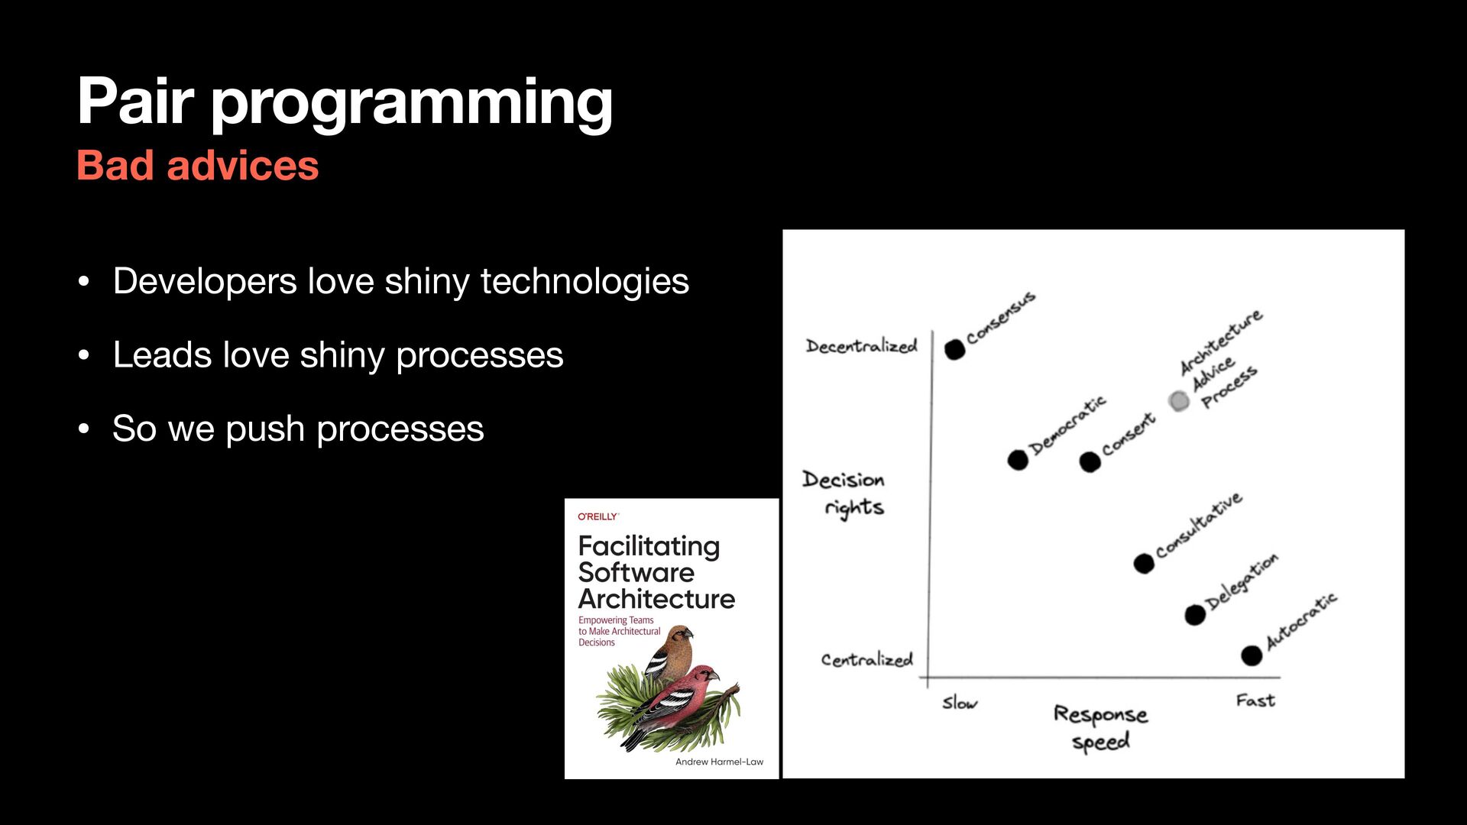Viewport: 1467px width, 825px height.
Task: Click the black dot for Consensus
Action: click(954, 349)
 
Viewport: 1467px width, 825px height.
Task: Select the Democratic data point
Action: click(1018, 460)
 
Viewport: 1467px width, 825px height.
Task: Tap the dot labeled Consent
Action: click(1090, 461)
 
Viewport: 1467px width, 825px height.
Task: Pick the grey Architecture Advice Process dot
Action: click(1179, 401)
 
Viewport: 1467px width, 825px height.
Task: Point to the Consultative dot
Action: click(1144, 564)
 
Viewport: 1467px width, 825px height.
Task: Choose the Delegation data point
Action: click(1195, 614)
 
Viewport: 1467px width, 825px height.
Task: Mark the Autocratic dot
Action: click(1252, 655)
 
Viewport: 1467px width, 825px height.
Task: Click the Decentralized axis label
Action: click(861, 346)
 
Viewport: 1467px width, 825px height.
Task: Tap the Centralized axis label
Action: click(866, 659)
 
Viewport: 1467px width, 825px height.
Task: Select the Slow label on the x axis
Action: click(959, 703)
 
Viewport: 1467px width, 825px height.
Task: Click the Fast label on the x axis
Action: click(1255, 700)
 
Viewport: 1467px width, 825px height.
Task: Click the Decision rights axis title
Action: click(844, 493)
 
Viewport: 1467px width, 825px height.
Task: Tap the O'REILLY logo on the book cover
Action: click(597, 517)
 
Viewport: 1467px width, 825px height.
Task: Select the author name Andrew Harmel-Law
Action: click(719, 762)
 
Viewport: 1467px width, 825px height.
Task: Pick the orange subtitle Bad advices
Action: click(197, 166)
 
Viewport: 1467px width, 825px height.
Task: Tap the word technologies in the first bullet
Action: click(585, 281)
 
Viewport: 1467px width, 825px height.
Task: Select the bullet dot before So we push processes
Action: click(84, 429)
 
